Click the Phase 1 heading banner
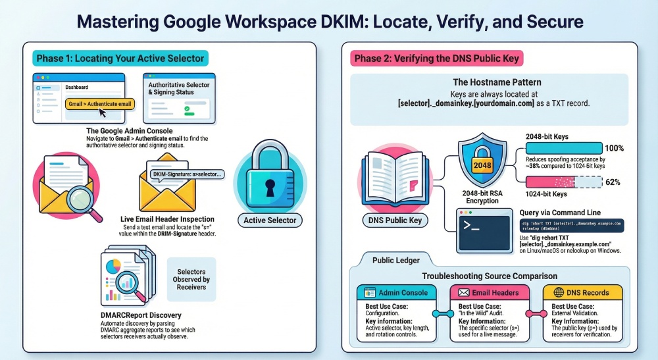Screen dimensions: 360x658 120,59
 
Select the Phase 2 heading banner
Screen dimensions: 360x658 437,59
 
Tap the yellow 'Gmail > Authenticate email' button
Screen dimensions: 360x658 101,103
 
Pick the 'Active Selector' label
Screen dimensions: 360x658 269,220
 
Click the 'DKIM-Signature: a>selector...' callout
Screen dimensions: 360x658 188,174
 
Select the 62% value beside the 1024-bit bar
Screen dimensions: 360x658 613,182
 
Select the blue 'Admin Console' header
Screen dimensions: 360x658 397,292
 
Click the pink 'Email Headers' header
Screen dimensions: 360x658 490,292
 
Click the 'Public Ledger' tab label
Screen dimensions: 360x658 396,261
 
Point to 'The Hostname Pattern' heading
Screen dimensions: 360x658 490,82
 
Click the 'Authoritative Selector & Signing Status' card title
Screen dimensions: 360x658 179,88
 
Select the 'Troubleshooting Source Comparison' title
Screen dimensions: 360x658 490,276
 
